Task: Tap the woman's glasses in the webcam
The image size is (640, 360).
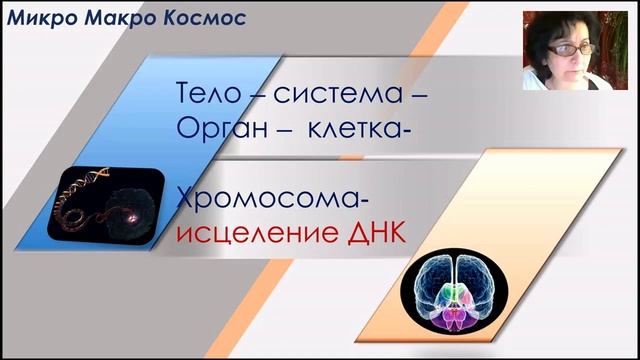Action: point(560,49)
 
